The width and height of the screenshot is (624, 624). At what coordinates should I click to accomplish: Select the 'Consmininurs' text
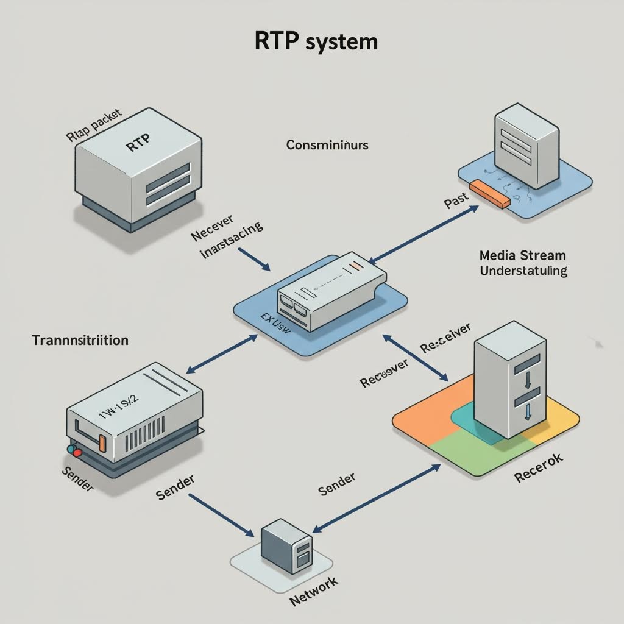click(x=327, y=146)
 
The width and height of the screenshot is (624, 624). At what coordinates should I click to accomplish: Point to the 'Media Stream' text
click(x=523, y=255)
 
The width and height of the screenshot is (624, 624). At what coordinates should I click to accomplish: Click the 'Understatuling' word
click(x=523, y=270)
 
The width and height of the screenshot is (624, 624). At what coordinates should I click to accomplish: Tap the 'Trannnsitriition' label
click(x=80, y=340)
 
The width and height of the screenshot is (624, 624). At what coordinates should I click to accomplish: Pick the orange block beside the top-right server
click(x=491, y=194)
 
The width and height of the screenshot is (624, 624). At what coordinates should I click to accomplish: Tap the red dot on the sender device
click(x=71, y=448)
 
